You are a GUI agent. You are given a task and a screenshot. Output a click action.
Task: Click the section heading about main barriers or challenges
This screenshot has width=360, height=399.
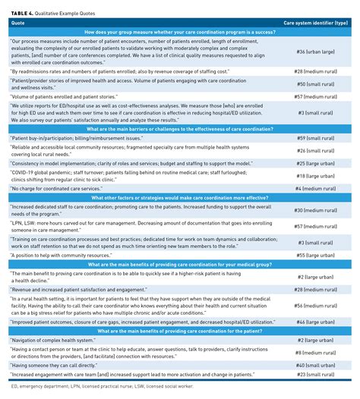tap(179, 128)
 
